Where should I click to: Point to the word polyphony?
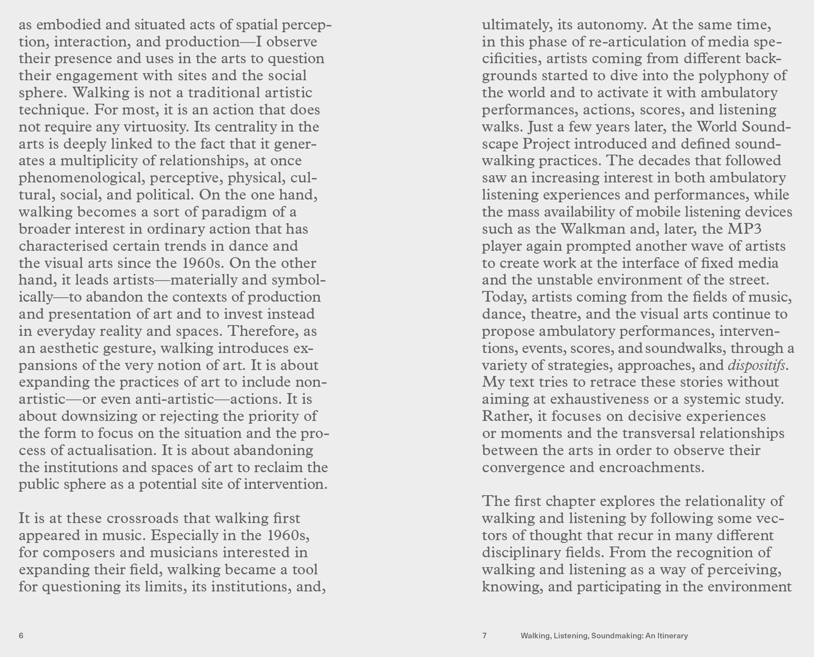730,76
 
